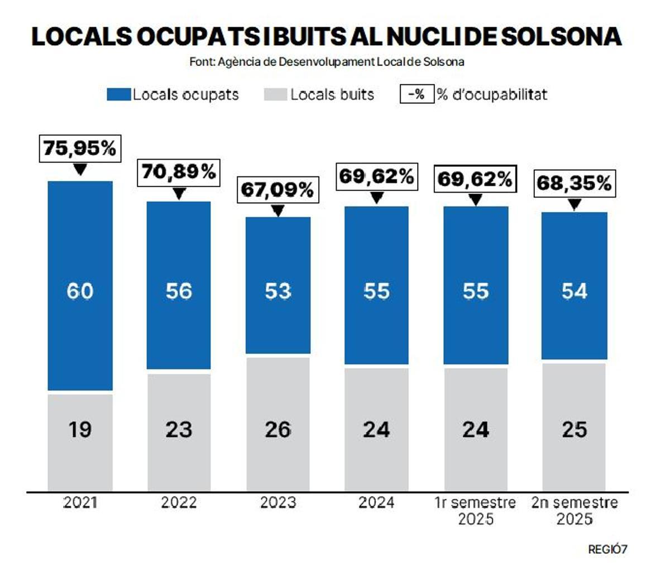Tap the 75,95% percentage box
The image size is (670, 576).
coord(80,148)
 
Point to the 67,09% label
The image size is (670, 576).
coord(277,190)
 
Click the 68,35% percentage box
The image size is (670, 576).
coord(575,183)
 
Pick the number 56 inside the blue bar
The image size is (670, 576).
coord(179,291)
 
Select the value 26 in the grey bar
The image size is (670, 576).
coord(277,429)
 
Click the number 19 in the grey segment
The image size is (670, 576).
coord(80,429)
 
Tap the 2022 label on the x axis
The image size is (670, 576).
coord(179,503)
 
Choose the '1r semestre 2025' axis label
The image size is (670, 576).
coord(476,511)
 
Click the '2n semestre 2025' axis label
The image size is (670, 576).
coord(575,511)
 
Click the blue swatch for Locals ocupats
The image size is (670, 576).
coord(118,95)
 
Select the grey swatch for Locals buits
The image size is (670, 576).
coord(275,95)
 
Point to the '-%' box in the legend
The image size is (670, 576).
coord(417,94)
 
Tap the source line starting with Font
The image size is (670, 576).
coord(327,61)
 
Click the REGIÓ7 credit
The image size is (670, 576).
coord(607,550)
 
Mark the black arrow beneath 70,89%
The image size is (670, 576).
coord(179,194)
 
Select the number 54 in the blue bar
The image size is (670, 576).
coord(575,291)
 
